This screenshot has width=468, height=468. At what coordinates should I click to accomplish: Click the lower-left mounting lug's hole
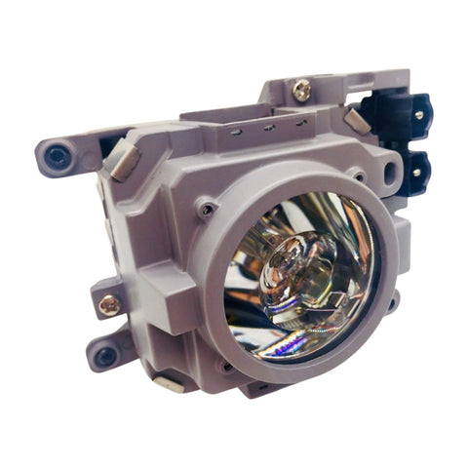click(x=105, y=355)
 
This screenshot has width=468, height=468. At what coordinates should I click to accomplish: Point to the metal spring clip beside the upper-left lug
click(x=124, y=160)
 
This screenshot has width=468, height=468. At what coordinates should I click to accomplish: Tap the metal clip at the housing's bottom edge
click(x=168, y=383)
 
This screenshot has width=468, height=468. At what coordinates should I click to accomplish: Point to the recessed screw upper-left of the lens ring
click(x=206, y=207)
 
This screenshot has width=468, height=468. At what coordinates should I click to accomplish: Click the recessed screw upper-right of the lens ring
click(x=360, y=178)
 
